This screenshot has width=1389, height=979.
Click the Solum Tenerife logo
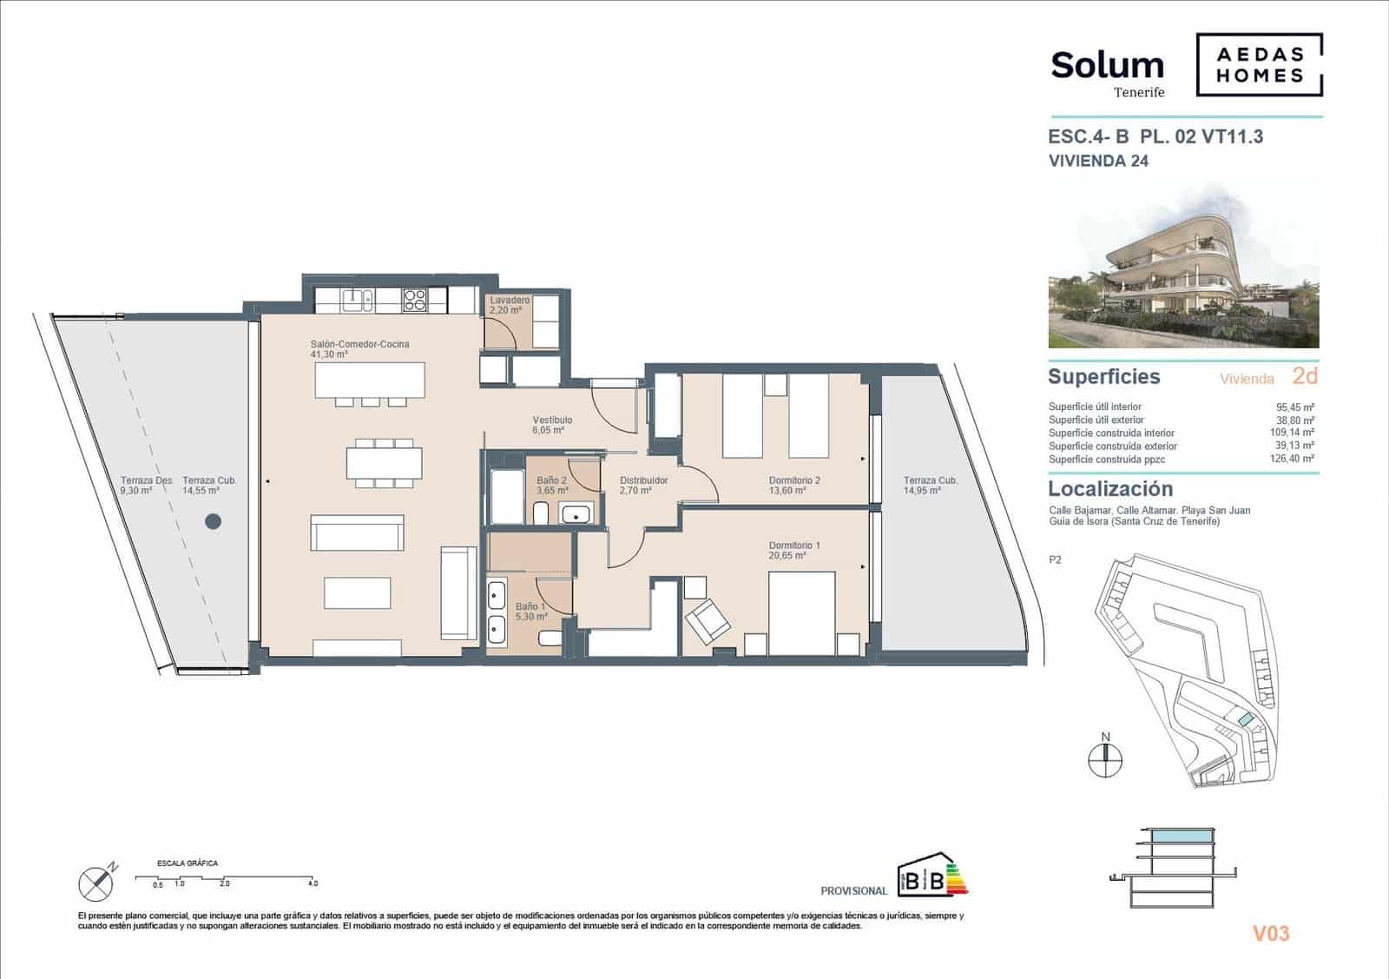point(1107,71)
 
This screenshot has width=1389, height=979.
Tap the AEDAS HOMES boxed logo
point(1260,64)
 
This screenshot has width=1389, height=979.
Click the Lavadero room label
point(510,301)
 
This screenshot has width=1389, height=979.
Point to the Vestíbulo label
point(552,420)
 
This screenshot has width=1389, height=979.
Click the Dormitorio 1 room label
point(793,546)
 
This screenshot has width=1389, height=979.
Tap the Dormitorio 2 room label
point(793,480)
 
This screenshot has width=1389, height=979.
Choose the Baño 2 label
point(551,480)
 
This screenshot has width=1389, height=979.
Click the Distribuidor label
point(643,480)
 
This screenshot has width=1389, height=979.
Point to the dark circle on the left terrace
point(213,521)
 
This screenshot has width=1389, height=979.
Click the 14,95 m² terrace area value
point(922,491)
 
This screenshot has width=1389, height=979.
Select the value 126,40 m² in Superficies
point(1295,460)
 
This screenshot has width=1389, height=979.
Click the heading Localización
point(1109,489)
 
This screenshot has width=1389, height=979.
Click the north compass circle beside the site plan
point(1105,760)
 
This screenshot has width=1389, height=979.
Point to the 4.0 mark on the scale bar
point(313,883)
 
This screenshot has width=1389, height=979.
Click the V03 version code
point(1270,934)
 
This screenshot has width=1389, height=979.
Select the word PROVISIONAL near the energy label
point(853,890)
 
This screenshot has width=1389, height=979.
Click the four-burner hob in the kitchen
point(414,300)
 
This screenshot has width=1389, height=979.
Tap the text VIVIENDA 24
point(1098,161)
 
